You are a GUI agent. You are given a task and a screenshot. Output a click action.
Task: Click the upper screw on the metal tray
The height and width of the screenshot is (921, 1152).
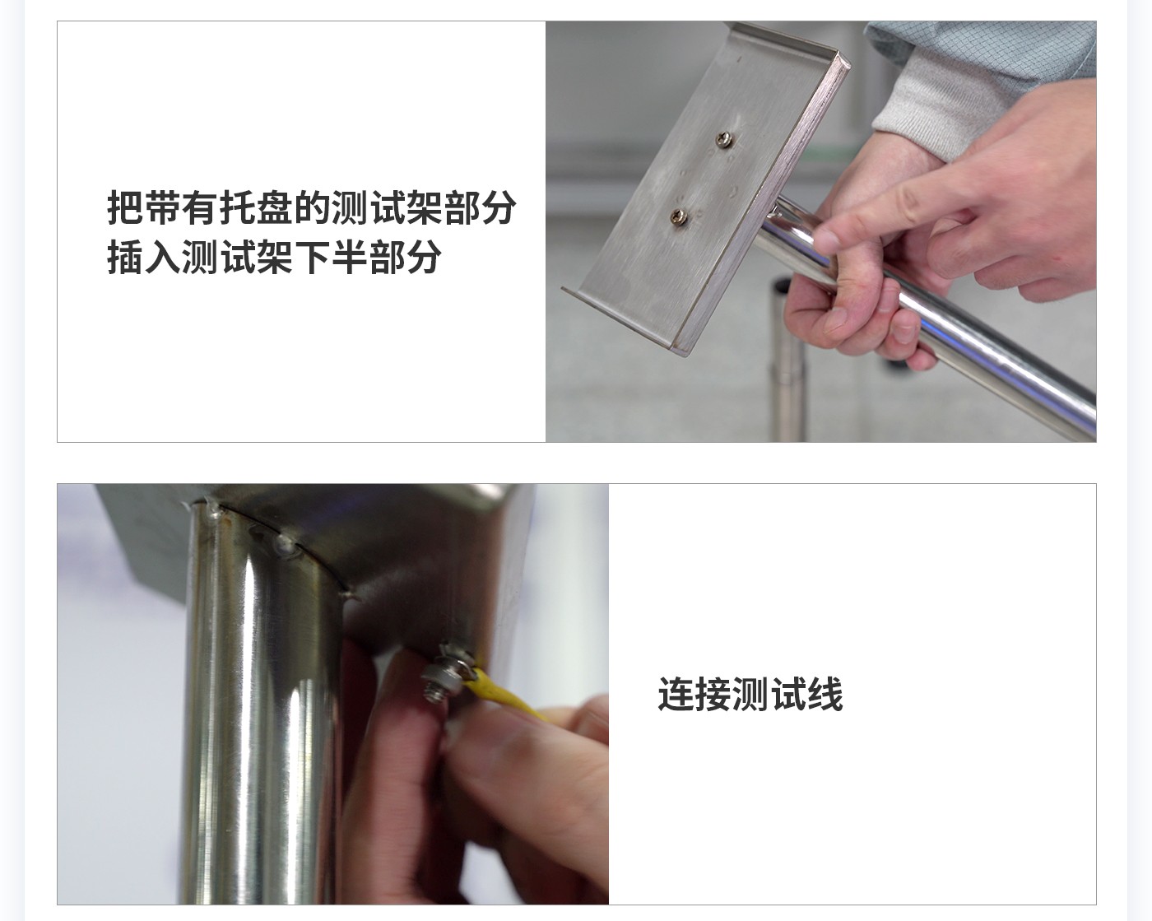click(x=723, y=140)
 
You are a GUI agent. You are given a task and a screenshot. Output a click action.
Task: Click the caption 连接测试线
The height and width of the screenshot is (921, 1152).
click(x=750, y=694)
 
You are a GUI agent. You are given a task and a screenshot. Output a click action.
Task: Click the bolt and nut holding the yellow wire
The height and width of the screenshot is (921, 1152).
click(x=444, y=671)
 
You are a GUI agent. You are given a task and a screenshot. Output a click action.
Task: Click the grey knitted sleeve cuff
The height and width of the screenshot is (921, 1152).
click(x=938, y=99)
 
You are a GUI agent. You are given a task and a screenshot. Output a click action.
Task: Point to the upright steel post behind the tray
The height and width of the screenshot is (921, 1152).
click(x=788, y=362)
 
